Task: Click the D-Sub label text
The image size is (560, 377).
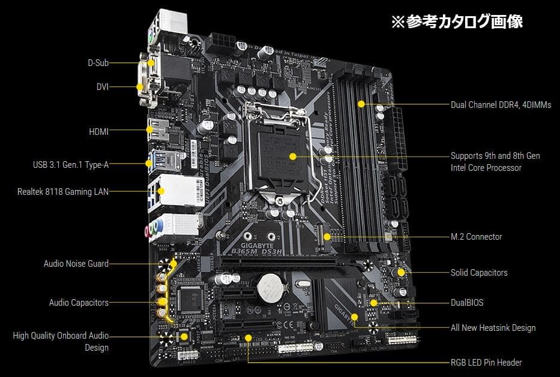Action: tap(98, 62)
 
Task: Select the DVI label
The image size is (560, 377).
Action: tap(102, 87)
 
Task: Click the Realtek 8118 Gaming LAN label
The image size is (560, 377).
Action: tap(63, 192)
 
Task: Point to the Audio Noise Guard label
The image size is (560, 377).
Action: tap(76, 264)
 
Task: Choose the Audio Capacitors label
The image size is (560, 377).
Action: tap(79, 303)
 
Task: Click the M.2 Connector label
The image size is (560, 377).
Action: tap(476, 237)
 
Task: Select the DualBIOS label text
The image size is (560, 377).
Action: tap(467, 303)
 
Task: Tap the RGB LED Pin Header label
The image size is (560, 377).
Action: tap(486, 363)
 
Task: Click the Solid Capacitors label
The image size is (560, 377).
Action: tap(479, 273)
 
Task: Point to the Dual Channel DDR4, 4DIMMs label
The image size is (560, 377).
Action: tap(501, 105)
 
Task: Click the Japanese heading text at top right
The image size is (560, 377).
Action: tap(457, 22)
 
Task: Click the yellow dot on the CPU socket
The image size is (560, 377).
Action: tap(292, 156)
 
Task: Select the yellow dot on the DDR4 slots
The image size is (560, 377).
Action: tap(361, 104)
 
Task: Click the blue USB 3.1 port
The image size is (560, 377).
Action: tap(150, 162)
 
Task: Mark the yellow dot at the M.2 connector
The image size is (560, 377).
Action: tap(327, 236)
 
